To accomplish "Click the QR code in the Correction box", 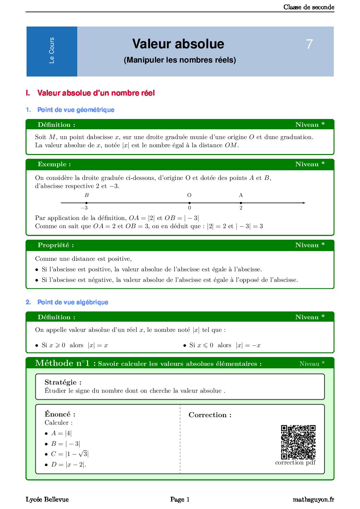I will [x=298, y=442].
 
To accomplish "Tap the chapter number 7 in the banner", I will [x=309, y=44].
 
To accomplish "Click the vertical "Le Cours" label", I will [x=52, y=50].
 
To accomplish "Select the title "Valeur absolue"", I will [x=178, y=44].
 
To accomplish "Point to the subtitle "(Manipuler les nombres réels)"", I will [x=180, y=60].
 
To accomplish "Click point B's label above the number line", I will [x=87, y=195].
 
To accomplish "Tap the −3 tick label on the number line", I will [x=84, y=208].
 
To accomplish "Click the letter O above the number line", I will [x=189, y=195].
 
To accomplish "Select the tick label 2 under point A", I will [x=241, y=208].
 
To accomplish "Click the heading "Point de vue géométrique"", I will [x=76, y=110].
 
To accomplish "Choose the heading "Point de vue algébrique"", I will [x=72, y=302].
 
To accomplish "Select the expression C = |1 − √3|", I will [x=70, y=454].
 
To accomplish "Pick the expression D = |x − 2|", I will [x=68, y=464].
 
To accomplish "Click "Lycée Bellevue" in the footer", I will [x=47, y=499].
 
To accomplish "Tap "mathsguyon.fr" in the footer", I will [x=313, y=499].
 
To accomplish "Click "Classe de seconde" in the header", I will [x=309, y=7].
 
